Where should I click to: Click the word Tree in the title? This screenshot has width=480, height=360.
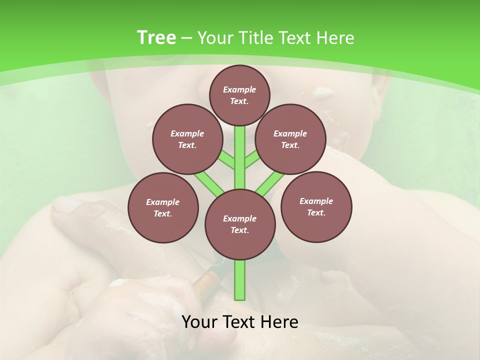(x=156, y=38)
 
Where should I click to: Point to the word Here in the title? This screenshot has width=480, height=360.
(x=336, y=38)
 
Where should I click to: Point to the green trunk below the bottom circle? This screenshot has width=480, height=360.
(x=240, y=280)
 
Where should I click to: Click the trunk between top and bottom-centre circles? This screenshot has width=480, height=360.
(x=240, y=157)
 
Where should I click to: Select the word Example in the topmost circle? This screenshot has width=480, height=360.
(x=239, y=89)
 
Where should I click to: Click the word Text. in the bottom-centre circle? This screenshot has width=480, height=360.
(x=239, y=230)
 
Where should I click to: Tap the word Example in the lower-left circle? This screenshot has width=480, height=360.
(x=163, y=202)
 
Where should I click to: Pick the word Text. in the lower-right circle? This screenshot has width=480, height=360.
(x=316, y=212)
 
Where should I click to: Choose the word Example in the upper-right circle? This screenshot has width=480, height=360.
(x=290, y=133)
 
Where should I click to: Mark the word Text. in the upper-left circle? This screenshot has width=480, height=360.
(x=187, y=145)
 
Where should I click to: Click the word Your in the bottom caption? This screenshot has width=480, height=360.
(x=199, y=321)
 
